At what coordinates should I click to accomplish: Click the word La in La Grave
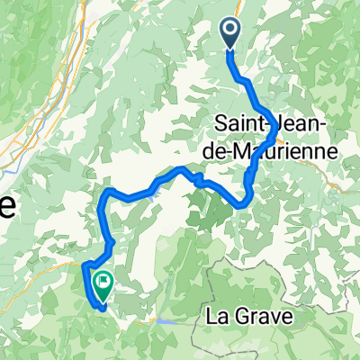(x=217, y=317)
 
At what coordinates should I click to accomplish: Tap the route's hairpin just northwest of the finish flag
(x=86, y=265)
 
